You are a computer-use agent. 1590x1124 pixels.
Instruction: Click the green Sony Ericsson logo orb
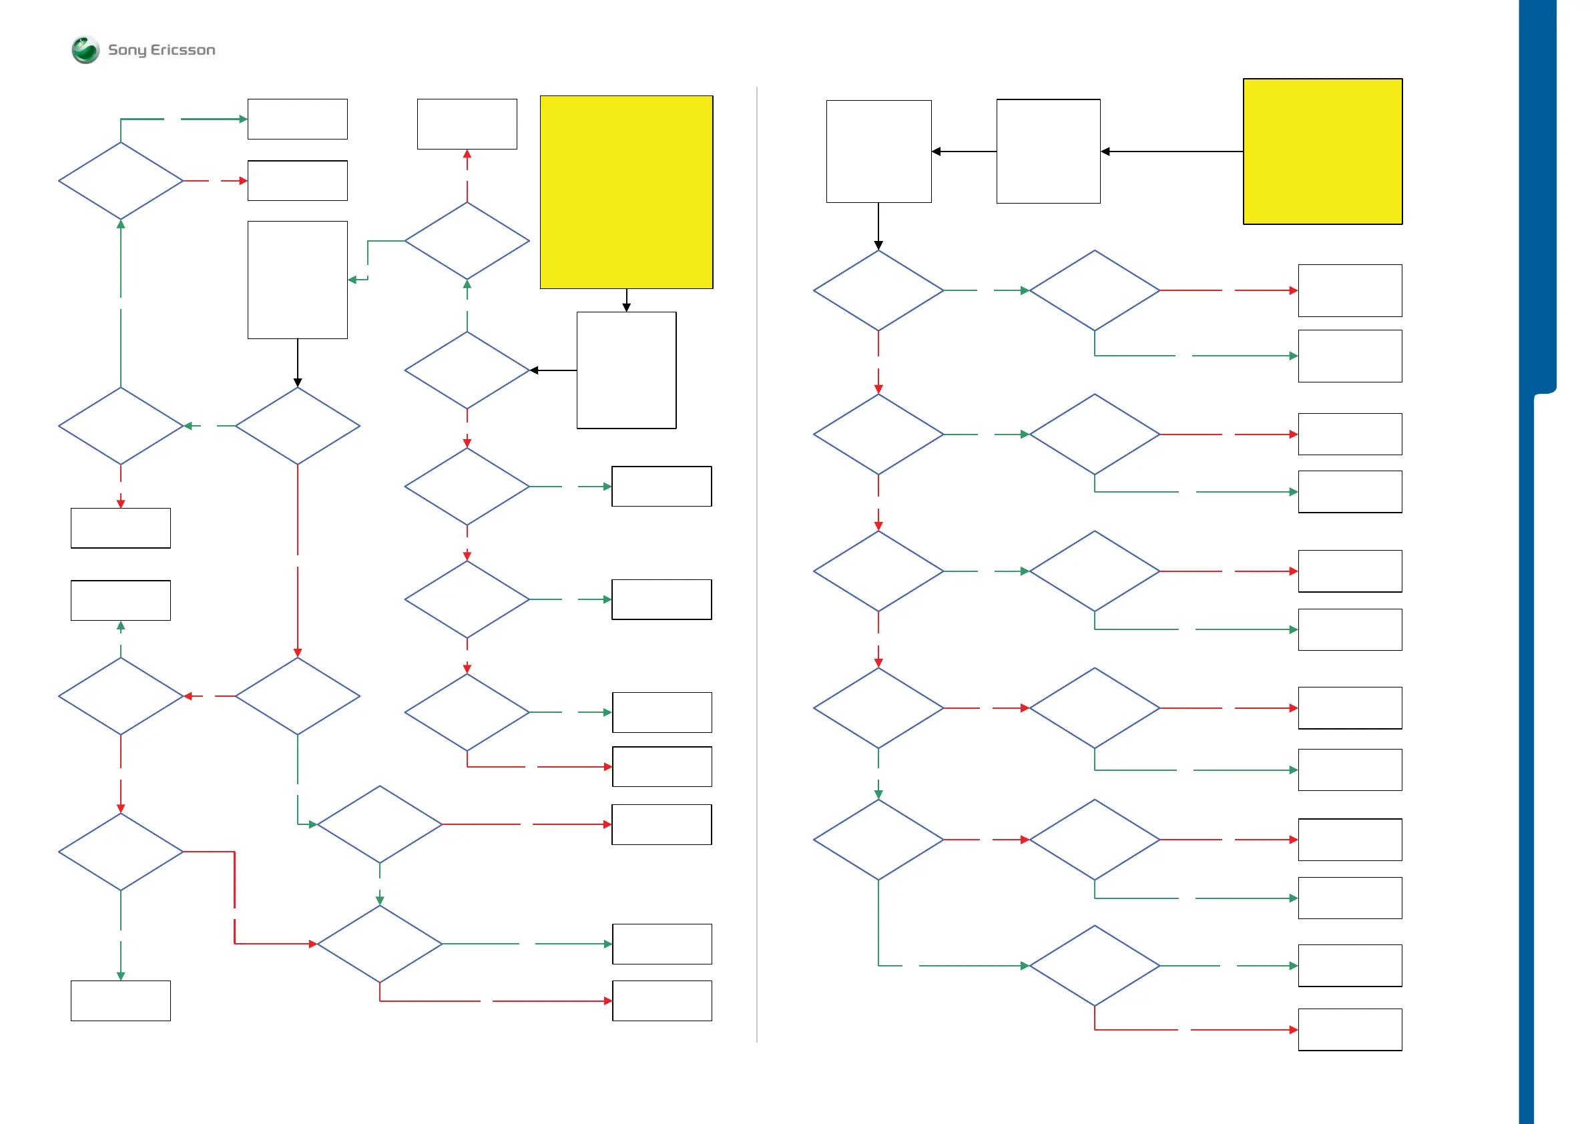coord(85,50)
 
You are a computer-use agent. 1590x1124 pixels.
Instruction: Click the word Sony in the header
coord(127,50)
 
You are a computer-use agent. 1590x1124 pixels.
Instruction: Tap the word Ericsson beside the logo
coord(183,50)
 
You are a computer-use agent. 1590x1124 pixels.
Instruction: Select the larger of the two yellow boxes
coord(626,192)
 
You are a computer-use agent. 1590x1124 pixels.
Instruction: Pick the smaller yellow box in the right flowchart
coord(1322,151)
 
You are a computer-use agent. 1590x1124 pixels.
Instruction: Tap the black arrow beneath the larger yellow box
coord(626,300)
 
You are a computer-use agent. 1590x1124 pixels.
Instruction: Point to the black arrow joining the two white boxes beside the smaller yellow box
coord(964,151)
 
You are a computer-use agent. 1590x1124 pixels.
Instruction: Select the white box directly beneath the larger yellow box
coord(626,370)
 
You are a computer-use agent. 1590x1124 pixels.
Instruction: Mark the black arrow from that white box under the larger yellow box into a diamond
coord(553,370)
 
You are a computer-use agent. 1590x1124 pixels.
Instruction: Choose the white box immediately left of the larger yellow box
coord(467,124)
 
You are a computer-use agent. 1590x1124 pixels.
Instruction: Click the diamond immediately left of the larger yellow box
coord(467,241)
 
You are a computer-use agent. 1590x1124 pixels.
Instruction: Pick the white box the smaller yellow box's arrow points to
coord(1048,151)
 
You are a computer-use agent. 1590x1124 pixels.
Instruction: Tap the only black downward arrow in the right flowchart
coord(878,226)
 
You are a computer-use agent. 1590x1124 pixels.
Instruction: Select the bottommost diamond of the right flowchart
coord(1094,965)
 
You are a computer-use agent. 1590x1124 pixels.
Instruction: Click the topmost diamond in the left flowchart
coord(121,181)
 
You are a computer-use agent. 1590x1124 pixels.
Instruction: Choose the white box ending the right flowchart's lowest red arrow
coord(1350,1030)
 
